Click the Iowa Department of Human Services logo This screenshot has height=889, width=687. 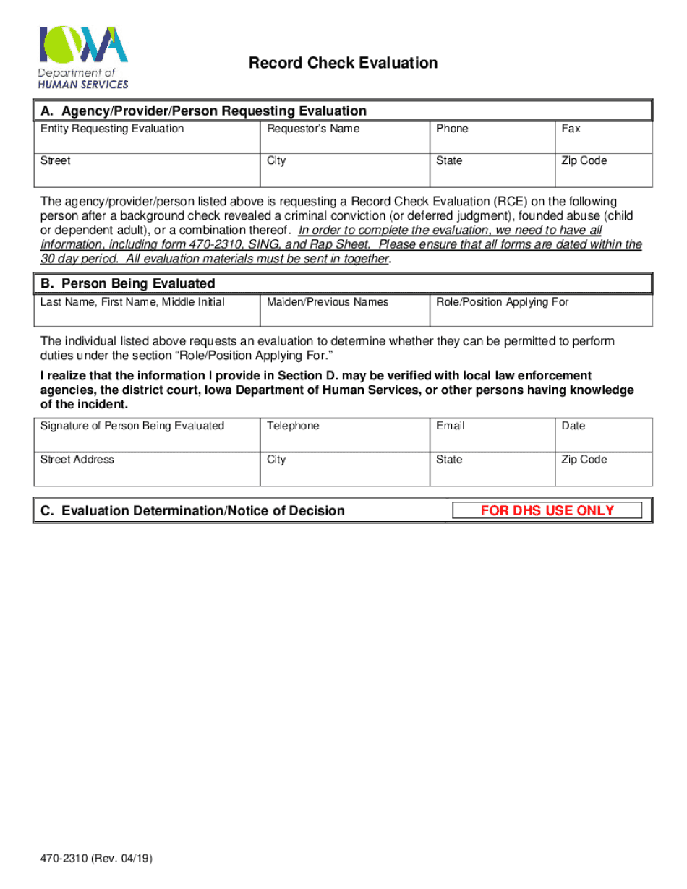[x=84, y=57]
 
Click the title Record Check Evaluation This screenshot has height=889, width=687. [x=343, y=63]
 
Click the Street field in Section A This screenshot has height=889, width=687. [x=147, y=171]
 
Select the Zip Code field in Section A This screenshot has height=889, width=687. [x=603, y=171]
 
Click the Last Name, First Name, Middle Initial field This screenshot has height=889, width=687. [x=147, y=312]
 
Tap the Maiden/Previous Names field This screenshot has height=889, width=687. [x=344, y=312]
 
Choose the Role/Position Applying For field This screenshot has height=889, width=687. [x=541, y=312]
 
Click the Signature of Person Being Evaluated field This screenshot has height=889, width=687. [x=147, y=435]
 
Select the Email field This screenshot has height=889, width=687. [x=492, y=435]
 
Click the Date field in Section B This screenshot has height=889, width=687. [x=603, y=435]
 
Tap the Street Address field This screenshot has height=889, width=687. [x=147, y=469]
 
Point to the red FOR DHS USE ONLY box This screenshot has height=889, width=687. [x=547, y=511]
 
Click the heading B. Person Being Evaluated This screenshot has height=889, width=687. [x=128, y=283]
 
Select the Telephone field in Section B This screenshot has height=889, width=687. [x=344, y=435]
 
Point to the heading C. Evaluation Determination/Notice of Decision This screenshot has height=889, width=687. [x=192, y=511]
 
